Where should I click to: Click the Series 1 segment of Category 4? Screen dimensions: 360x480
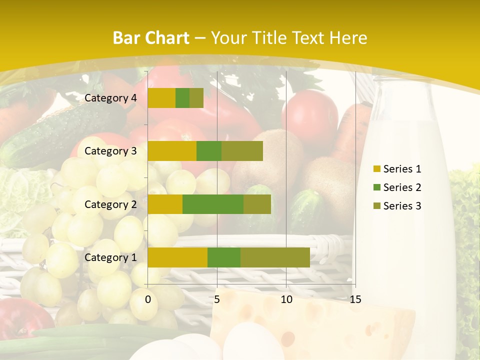(161, 98)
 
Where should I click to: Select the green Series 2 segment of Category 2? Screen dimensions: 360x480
(213, 204)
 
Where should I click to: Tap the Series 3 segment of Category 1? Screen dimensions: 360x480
(275, 257)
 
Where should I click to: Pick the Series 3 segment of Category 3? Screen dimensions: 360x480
(242, 151)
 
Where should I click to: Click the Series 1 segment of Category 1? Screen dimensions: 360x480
(177, 257)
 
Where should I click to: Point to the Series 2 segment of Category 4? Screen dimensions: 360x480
(182, 98)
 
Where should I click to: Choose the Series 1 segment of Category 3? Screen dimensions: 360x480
(172, 151)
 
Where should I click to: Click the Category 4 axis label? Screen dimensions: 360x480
(110, 98)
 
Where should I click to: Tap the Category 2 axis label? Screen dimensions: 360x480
(110, 204)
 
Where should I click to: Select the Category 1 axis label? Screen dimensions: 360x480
(110, 257)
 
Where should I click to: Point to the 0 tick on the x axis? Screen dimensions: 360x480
(148, 299)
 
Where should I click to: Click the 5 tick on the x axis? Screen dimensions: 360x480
(217, 299)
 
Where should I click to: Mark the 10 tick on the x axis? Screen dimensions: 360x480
(286, 299)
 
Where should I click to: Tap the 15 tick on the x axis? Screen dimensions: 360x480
(355, 299)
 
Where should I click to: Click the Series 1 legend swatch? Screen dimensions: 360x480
(376, 169)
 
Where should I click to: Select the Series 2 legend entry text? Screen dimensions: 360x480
(402, 187)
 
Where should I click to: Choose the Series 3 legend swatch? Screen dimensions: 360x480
(376, 206)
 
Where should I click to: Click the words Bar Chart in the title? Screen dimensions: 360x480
(151, 38)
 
